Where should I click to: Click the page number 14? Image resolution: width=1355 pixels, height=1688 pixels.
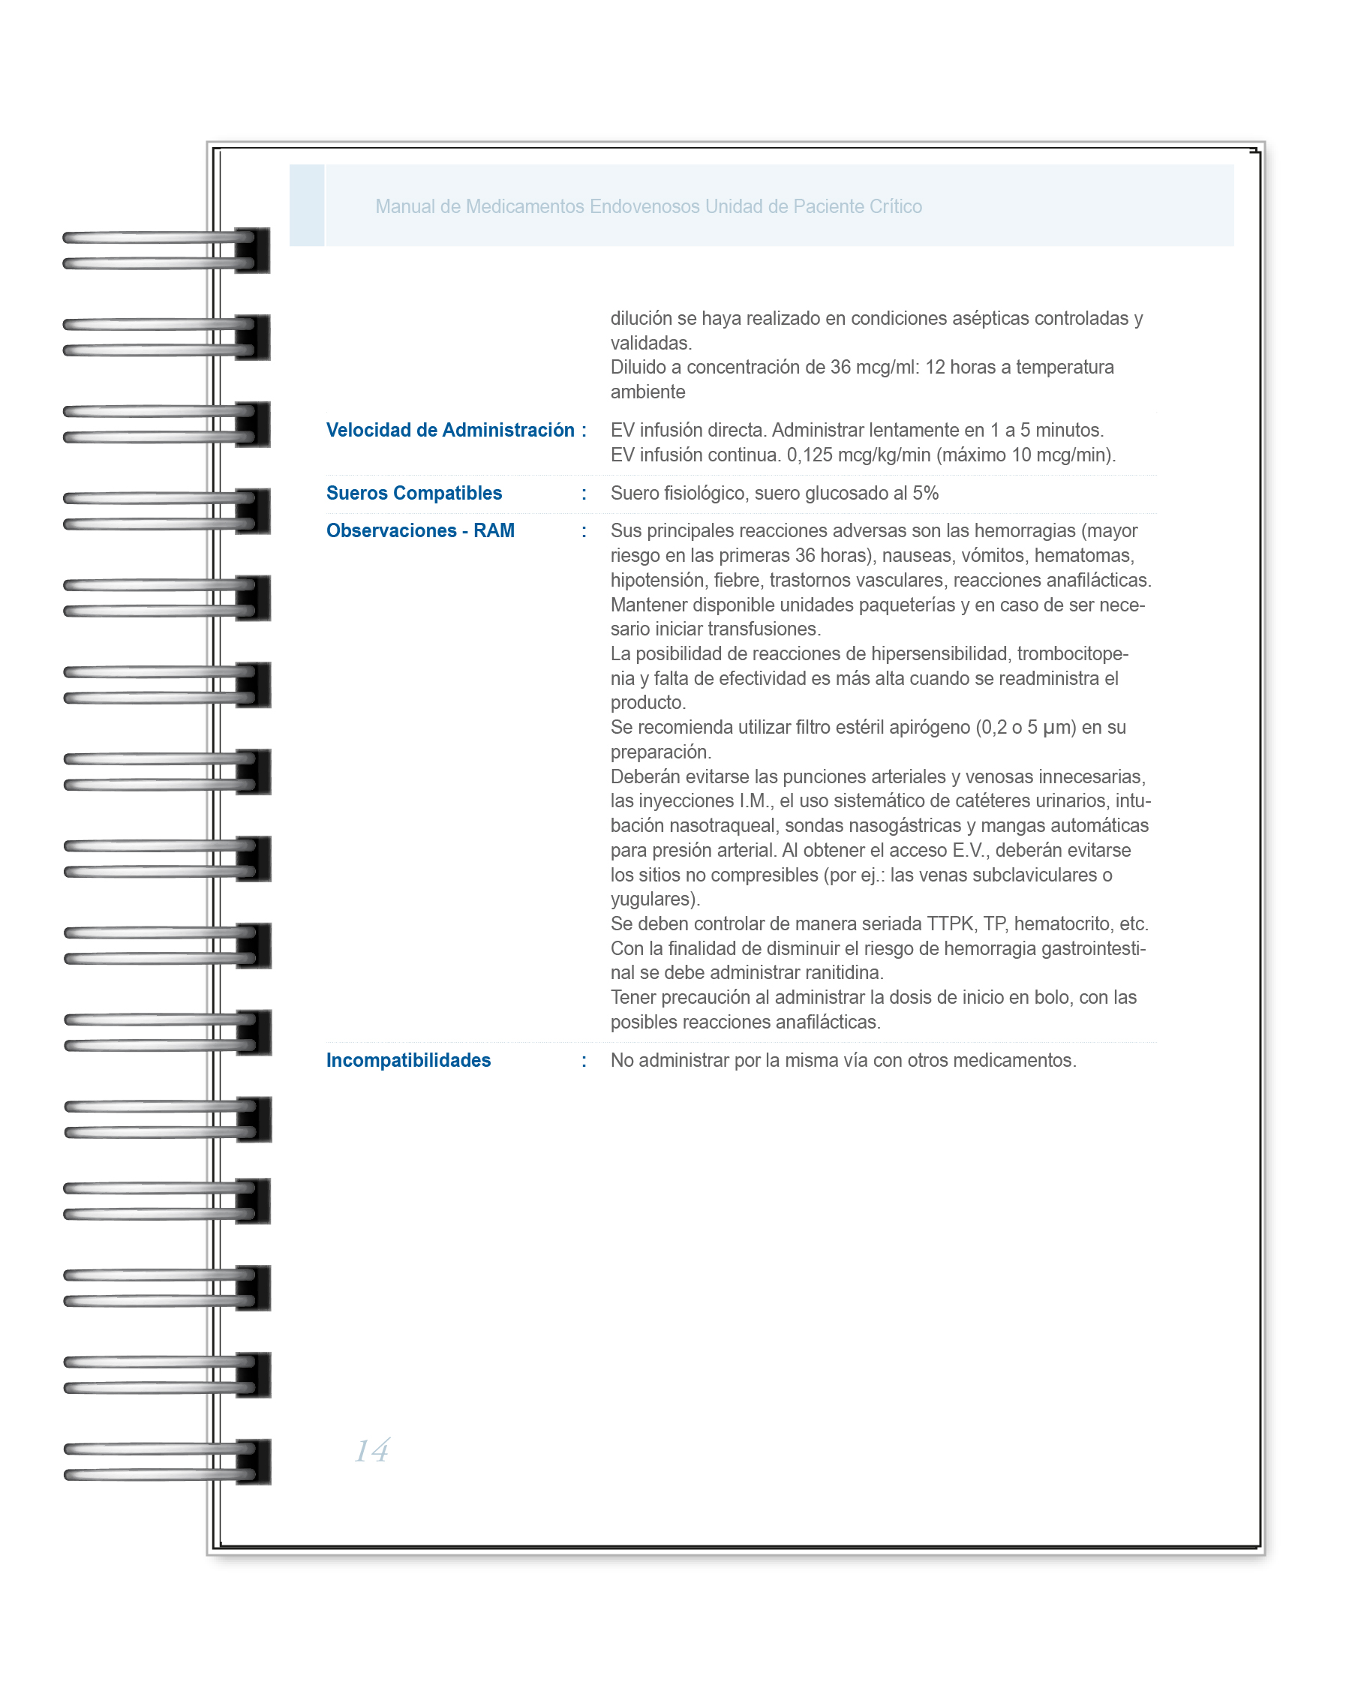(x=372, y=1450)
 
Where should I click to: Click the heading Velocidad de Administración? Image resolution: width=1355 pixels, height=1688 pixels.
(x=450, y=430)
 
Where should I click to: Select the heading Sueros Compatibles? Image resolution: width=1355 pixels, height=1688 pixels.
(x=413, y=493)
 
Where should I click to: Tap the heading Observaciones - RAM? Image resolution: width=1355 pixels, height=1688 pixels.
(x=420, y=531)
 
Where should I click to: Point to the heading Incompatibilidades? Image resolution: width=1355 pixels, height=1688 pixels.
(x=408, y=1060)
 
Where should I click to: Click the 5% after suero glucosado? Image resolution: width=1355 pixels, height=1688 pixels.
(x=925, y=493)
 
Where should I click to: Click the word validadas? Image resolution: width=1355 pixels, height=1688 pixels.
(x=650, y=343)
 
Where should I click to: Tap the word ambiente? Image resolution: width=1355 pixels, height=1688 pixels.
(x=647, y=392)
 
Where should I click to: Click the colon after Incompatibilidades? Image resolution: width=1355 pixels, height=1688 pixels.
(x=584, y=1060)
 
